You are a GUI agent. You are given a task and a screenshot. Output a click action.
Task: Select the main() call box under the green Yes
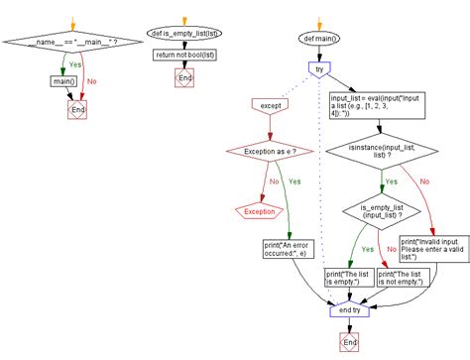[63, 81]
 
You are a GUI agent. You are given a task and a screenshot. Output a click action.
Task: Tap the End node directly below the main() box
[76, 110]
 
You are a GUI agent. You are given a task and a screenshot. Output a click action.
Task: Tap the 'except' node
[268, 103]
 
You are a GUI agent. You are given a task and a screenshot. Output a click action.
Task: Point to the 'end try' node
[350, 310]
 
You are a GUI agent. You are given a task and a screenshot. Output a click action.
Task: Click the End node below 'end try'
[350, 340]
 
